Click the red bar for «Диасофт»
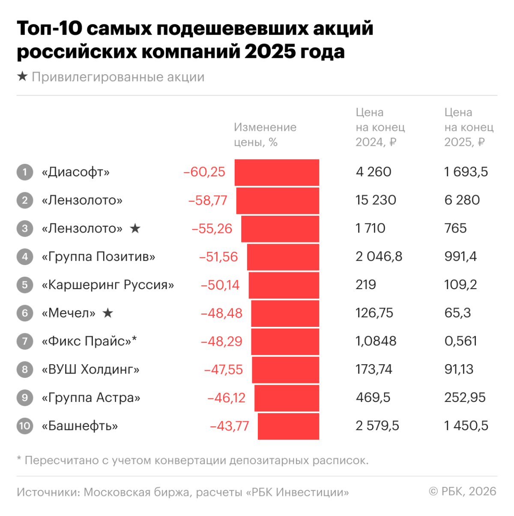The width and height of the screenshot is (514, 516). pyautogui.click(x=277, y=172)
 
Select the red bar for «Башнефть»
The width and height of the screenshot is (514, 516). pyautogui.click(x=288, y=426)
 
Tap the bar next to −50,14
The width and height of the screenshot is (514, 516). pyautogui.click(x=284, y=285)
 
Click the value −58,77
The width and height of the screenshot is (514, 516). pyautogui.click(x=208, y=200)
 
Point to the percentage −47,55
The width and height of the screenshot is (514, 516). pyautogui.click(x=223, y=370)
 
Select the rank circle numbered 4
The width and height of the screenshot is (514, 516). pyautogui.click(x=25, y=257)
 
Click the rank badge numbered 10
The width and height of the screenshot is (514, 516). pyautogui.click(x=25, y=426)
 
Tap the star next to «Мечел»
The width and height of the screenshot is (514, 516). pyautogui.click(x=108, y=313)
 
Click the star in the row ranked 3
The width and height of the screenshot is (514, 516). pyautogui.click(x=135, y=229)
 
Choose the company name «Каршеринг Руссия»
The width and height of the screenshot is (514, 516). pyautogui.click(x=108, y=285)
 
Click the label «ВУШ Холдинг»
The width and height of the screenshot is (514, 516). pyautogui.click(x=90, y=370)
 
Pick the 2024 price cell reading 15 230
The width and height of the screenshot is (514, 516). pyautogui.click(x=376, y=200)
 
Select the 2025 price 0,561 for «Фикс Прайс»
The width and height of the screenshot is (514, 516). pyautogui.click(x=460, y=341)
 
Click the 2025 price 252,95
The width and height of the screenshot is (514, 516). pyautogui.click(x=465, y=398)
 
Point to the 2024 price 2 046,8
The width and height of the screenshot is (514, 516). pyautogui.click(x=379, y=257)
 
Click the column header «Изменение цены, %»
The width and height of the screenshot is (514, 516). pyautogui.click(x=265, y=135)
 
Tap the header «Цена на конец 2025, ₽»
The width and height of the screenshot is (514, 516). pyautogui.click(x=469, y=127)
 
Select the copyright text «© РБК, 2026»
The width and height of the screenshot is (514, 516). pyautogui.click(x=463, y=492)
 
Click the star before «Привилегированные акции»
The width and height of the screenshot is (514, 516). pyautogui.click(x=22, y=77)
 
